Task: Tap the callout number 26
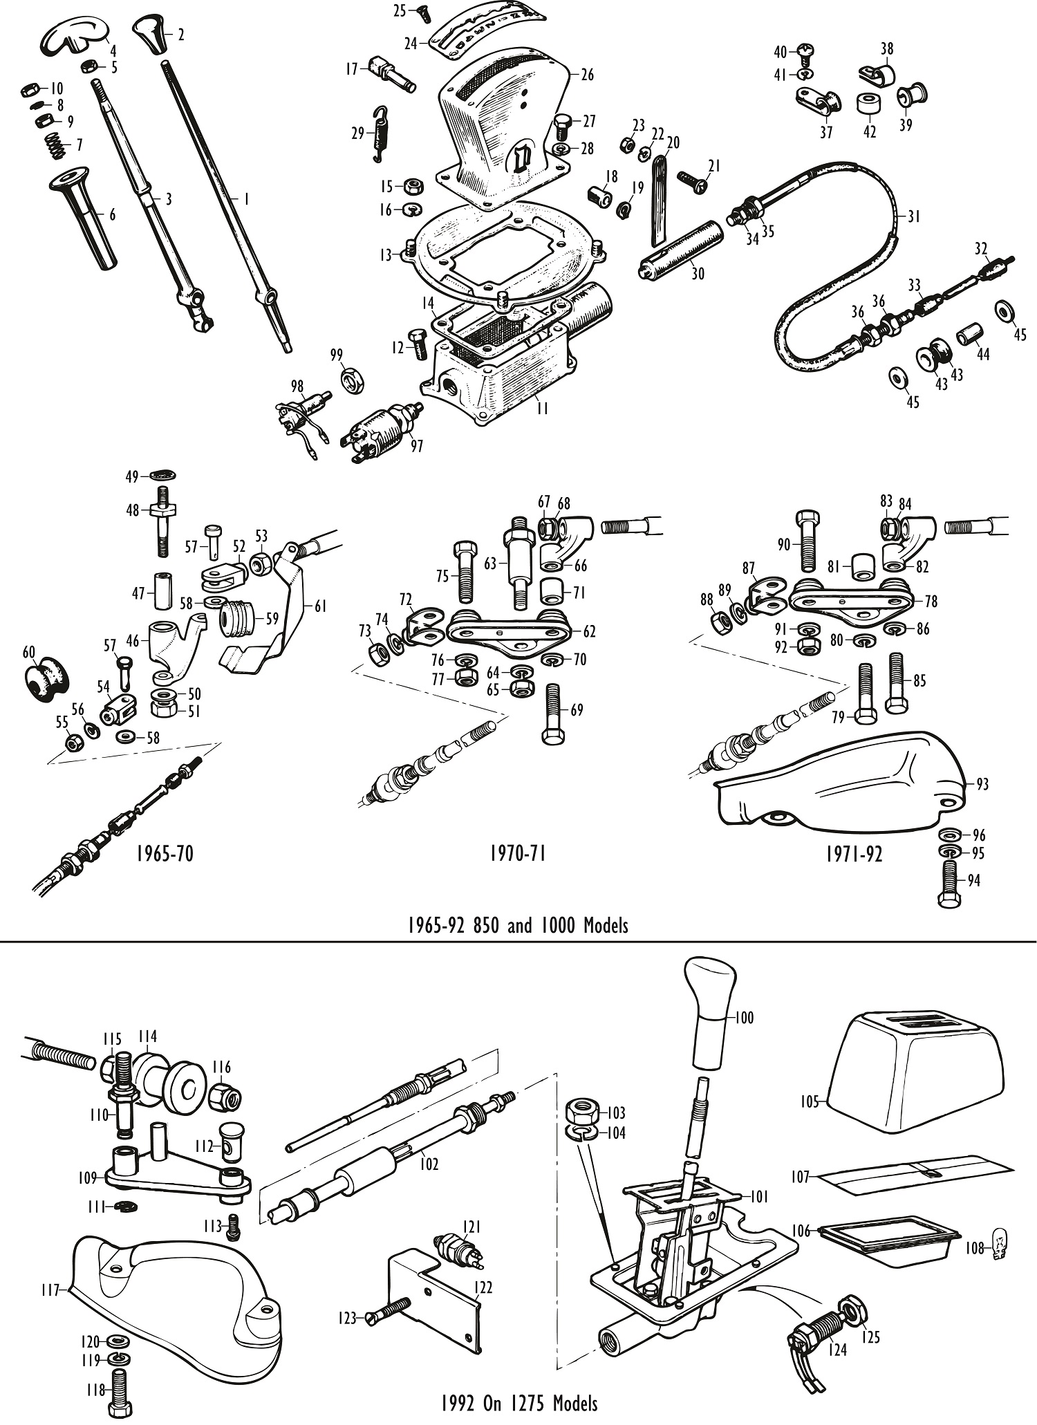(588, 75)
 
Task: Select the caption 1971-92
(854, 854)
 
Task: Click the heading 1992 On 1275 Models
(518, 1403)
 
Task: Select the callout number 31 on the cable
(914, 216)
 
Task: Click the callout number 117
(50, 1289)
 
